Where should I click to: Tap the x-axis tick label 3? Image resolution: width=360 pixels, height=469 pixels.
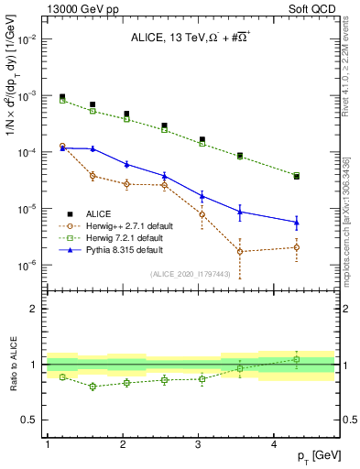point(199,444)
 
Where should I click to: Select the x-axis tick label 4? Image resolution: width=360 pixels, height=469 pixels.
point(274,444)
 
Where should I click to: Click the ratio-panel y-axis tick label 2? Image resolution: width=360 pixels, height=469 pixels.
point(35,309)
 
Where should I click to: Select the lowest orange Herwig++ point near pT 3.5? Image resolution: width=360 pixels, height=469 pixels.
point(239,251)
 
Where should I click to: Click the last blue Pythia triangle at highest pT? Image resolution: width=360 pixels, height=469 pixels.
point(297,222)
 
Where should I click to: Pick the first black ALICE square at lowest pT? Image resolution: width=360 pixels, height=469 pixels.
point(62,97)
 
